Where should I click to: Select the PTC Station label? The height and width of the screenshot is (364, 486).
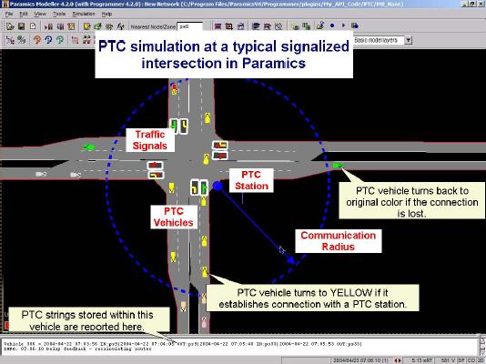249,179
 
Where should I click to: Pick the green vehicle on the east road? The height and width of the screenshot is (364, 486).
338,165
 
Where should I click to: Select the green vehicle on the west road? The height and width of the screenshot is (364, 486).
88,147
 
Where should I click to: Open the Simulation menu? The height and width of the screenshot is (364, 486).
84,15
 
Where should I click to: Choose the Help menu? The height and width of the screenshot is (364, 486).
107,15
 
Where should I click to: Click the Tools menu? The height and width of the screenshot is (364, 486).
58,15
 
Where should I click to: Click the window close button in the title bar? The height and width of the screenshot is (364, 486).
479,5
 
